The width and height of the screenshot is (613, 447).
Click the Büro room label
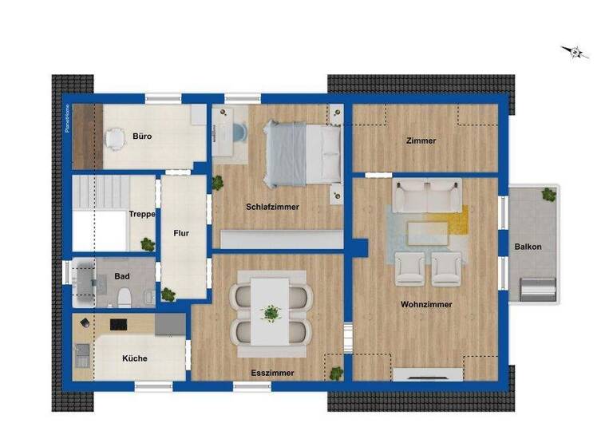[143, 136]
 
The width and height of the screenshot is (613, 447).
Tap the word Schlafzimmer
[272, 207]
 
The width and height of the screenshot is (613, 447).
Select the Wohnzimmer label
[426, 304]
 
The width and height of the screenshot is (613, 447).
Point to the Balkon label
[528, 247]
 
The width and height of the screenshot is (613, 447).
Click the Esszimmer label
[272, 373]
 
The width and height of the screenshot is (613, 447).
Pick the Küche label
[135, 358]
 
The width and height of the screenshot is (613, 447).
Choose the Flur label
[181, 234]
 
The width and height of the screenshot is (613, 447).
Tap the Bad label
[122, 276]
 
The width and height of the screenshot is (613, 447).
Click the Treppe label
[141, 214]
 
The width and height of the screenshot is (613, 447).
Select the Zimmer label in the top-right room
[421, 141]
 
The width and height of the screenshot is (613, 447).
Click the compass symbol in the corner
[574, 52]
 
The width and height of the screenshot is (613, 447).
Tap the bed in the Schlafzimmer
[303, 152]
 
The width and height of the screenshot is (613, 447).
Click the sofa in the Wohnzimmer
[428, 196]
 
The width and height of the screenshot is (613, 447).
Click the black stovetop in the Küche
[119, 324]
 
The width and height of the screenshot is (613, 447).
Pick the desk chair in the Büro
[116, 139]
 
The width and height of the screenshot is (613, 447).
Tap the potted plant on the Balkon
[548, 194]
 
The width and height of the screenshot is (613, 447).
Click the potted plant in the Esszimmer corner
[337, 372]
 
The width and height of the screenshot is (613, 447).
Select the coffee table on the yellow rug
[428, 233]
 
